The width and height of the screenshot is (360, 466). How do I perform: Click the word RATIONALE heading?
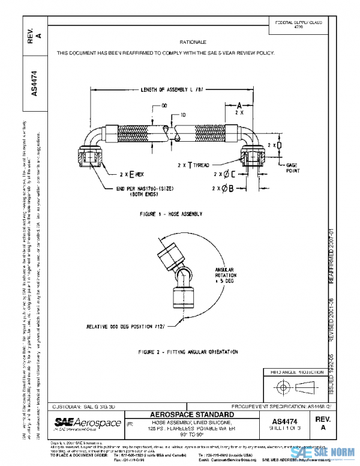193,43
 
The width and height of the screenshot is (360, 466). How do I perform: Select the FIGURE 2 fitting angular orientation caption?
187,351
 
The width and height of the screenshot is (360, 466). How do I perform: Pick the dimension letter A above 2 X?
238,103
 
